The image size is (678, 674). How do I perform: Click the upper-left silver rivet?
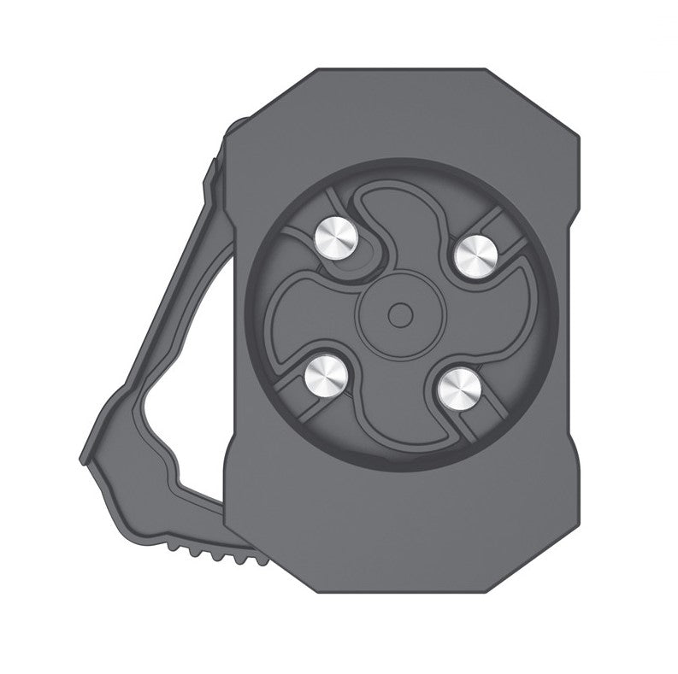coord(336,238)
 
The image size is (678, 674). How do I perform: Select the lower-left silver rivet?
coord(325,375)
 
